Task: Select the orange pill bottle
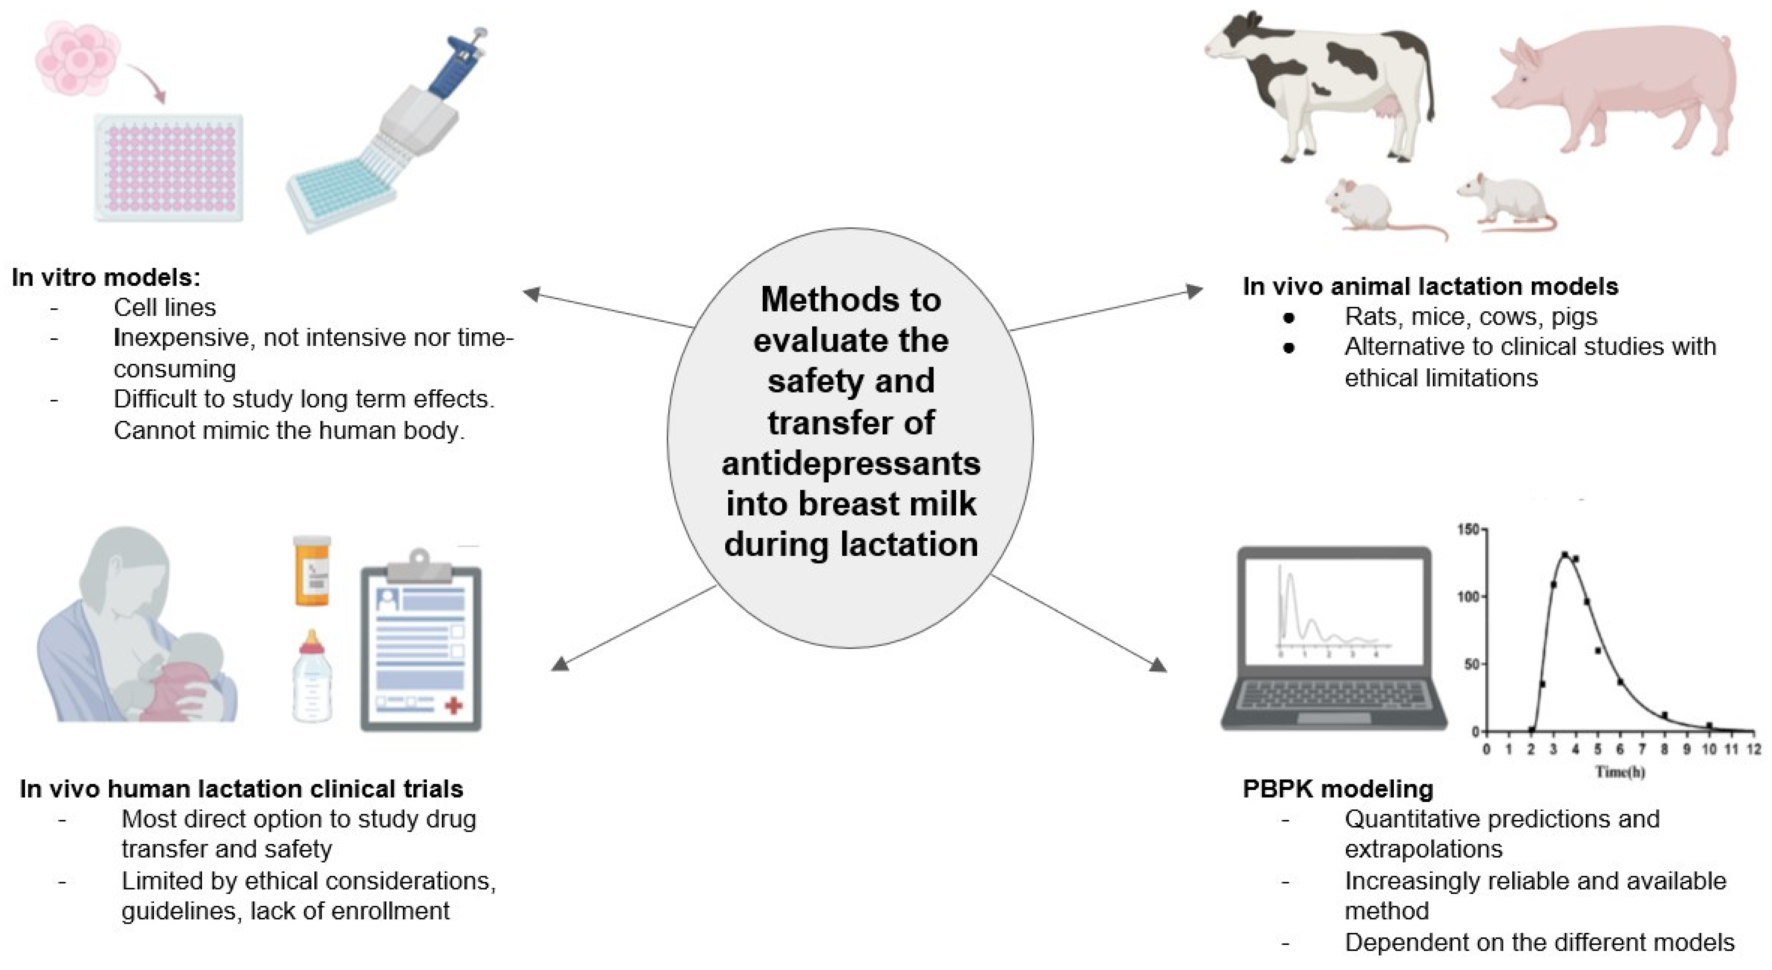(312, 571)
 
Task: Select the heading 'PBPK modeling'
(1337, 789)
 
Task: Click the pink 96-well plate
(169, 169)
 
